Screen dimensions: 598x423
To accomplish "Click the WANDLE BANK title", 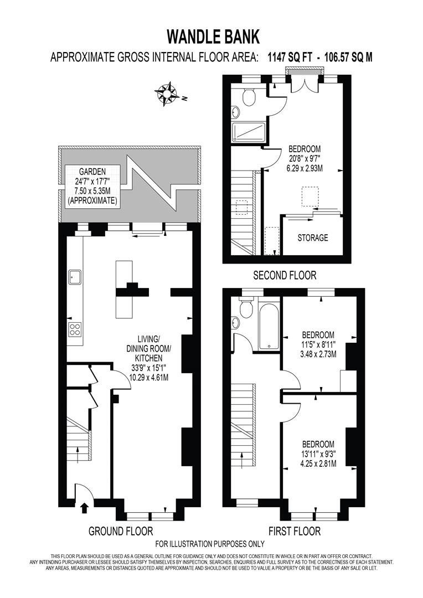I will [213, 37].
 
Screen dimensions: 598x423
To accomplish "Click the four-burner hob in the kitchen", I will [75, 330].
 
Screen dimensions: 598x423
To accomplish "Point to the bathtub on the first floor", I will [269, 327].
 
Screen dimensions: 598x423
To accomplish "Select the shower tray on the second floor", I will [249, 131].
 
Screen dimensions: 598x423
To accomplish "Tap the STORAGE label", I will [312, 238].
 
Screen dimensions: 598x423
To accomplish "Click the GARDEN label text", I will [91, 172].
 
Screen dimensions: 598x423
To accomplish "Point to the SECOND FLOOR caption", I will [285, 275].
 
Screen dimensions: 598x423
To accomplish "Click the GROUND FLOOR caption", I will [121, 532].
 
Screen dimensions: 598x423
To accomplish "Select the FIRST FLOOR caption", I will [295, 532].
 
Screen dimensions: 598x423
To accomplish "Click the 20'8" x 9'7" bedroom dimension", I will [304, 158].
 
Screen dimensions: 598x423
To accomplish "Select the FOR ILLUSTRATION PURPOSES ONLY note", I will [210, 544].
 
